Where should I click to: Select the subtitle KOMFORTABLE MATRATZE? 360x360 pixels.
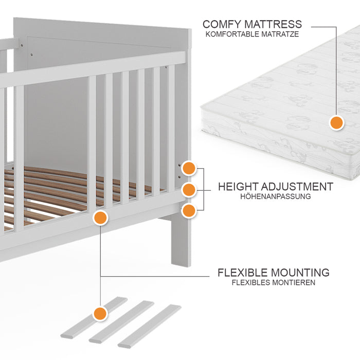pos(252,34)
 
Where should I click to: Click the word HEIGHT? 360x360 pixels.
pos(238,187)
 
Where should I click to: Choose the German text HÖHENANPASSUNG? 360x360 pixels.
pos(275,196)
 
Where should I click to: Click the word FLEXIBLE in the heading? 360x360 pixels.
pos(243,273)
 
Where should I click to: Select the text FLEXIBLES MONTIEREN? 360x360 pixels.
pos(273,282)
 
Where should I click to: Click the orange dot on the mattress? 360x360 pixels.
pos(336,123)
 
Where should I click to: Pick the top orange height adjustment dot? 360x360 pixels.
pos(189,168)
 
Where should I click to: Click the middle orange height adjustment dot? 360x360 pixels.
pos(189,189)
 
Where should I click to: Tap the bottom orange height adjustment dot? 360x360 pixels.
pos(189,210)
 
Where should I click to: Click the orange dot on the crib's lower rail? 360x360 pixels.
pos(100,218)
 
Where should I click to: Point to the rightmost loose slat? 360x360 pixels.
pos(150,326)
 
